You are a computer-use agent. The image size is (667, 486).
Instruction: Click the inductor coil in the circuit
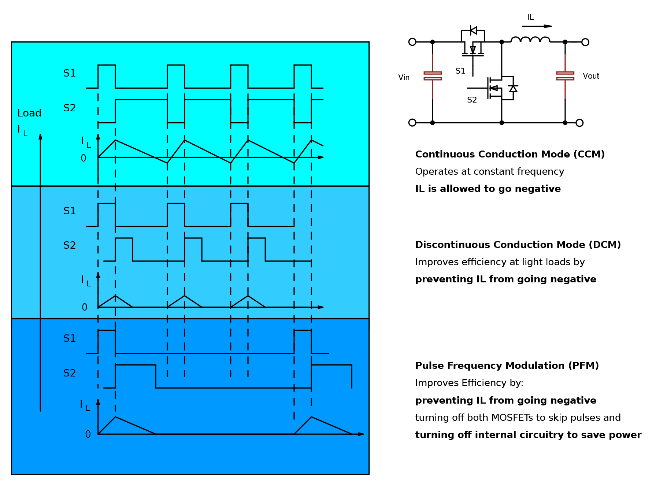[x=530, y=40]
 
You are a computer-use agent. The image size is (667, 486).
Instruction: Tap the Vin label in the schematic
[x=404, y=78]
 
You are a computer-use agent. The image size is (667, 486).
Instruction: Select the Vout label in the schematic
[x=590, y=76]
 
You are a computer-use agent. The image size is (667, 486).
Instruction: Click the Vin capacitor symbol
[x=432, y=76]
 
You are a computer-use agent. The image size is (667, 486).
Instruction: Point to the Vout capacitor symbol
[x=565, y=76]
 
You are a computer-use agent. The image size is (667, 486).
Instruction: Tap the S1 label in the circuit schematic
[x=460, y=71]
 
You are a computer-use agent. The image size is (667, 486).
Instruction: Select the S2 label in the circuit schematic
[x=472, y=100]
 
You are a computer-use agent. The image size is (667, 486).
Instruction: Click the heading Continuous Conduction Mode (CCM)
[x=509, y=154]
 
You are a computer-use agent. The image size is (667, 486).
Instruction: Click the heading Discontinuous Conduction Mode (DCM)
[x=518, y=245]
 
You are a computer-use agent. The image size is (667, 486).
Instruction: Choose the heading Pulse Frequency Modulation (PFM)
[x=507, y=366]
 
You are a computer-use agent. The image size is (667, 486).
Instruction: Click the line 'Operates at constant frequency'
[x=489, y=171]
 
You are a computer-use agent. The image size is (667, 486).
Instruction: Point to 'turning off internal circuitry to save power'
[x=528, y=435]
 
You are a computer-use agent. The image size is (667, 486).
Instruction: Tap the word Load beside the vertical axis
[x=29, y=113]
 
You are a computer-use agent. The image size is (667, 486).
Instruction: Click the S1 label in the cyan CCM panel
[x=70, y=73]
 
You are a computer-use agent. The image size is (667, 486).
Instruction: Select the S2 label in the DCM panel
[x=70, y=245]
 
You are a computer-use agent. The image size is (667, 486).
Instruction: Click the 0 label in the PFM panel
[x=88, y=434]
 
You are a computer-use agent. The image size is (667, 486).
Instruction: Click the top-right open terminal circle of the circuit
[x=585, y=42]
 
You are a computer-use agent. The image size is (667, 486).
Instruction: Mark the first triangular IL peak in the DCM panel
[x=115, y=296]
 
